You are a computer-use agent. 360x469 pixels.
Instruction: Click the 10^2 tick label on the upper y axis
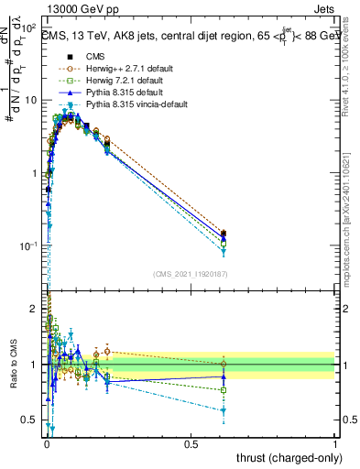pyautogui.click(x=28, y=28)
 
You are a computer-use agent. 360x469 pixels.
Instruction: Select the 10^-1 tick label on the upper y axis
pyautogui.click(x=28, y=246)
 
